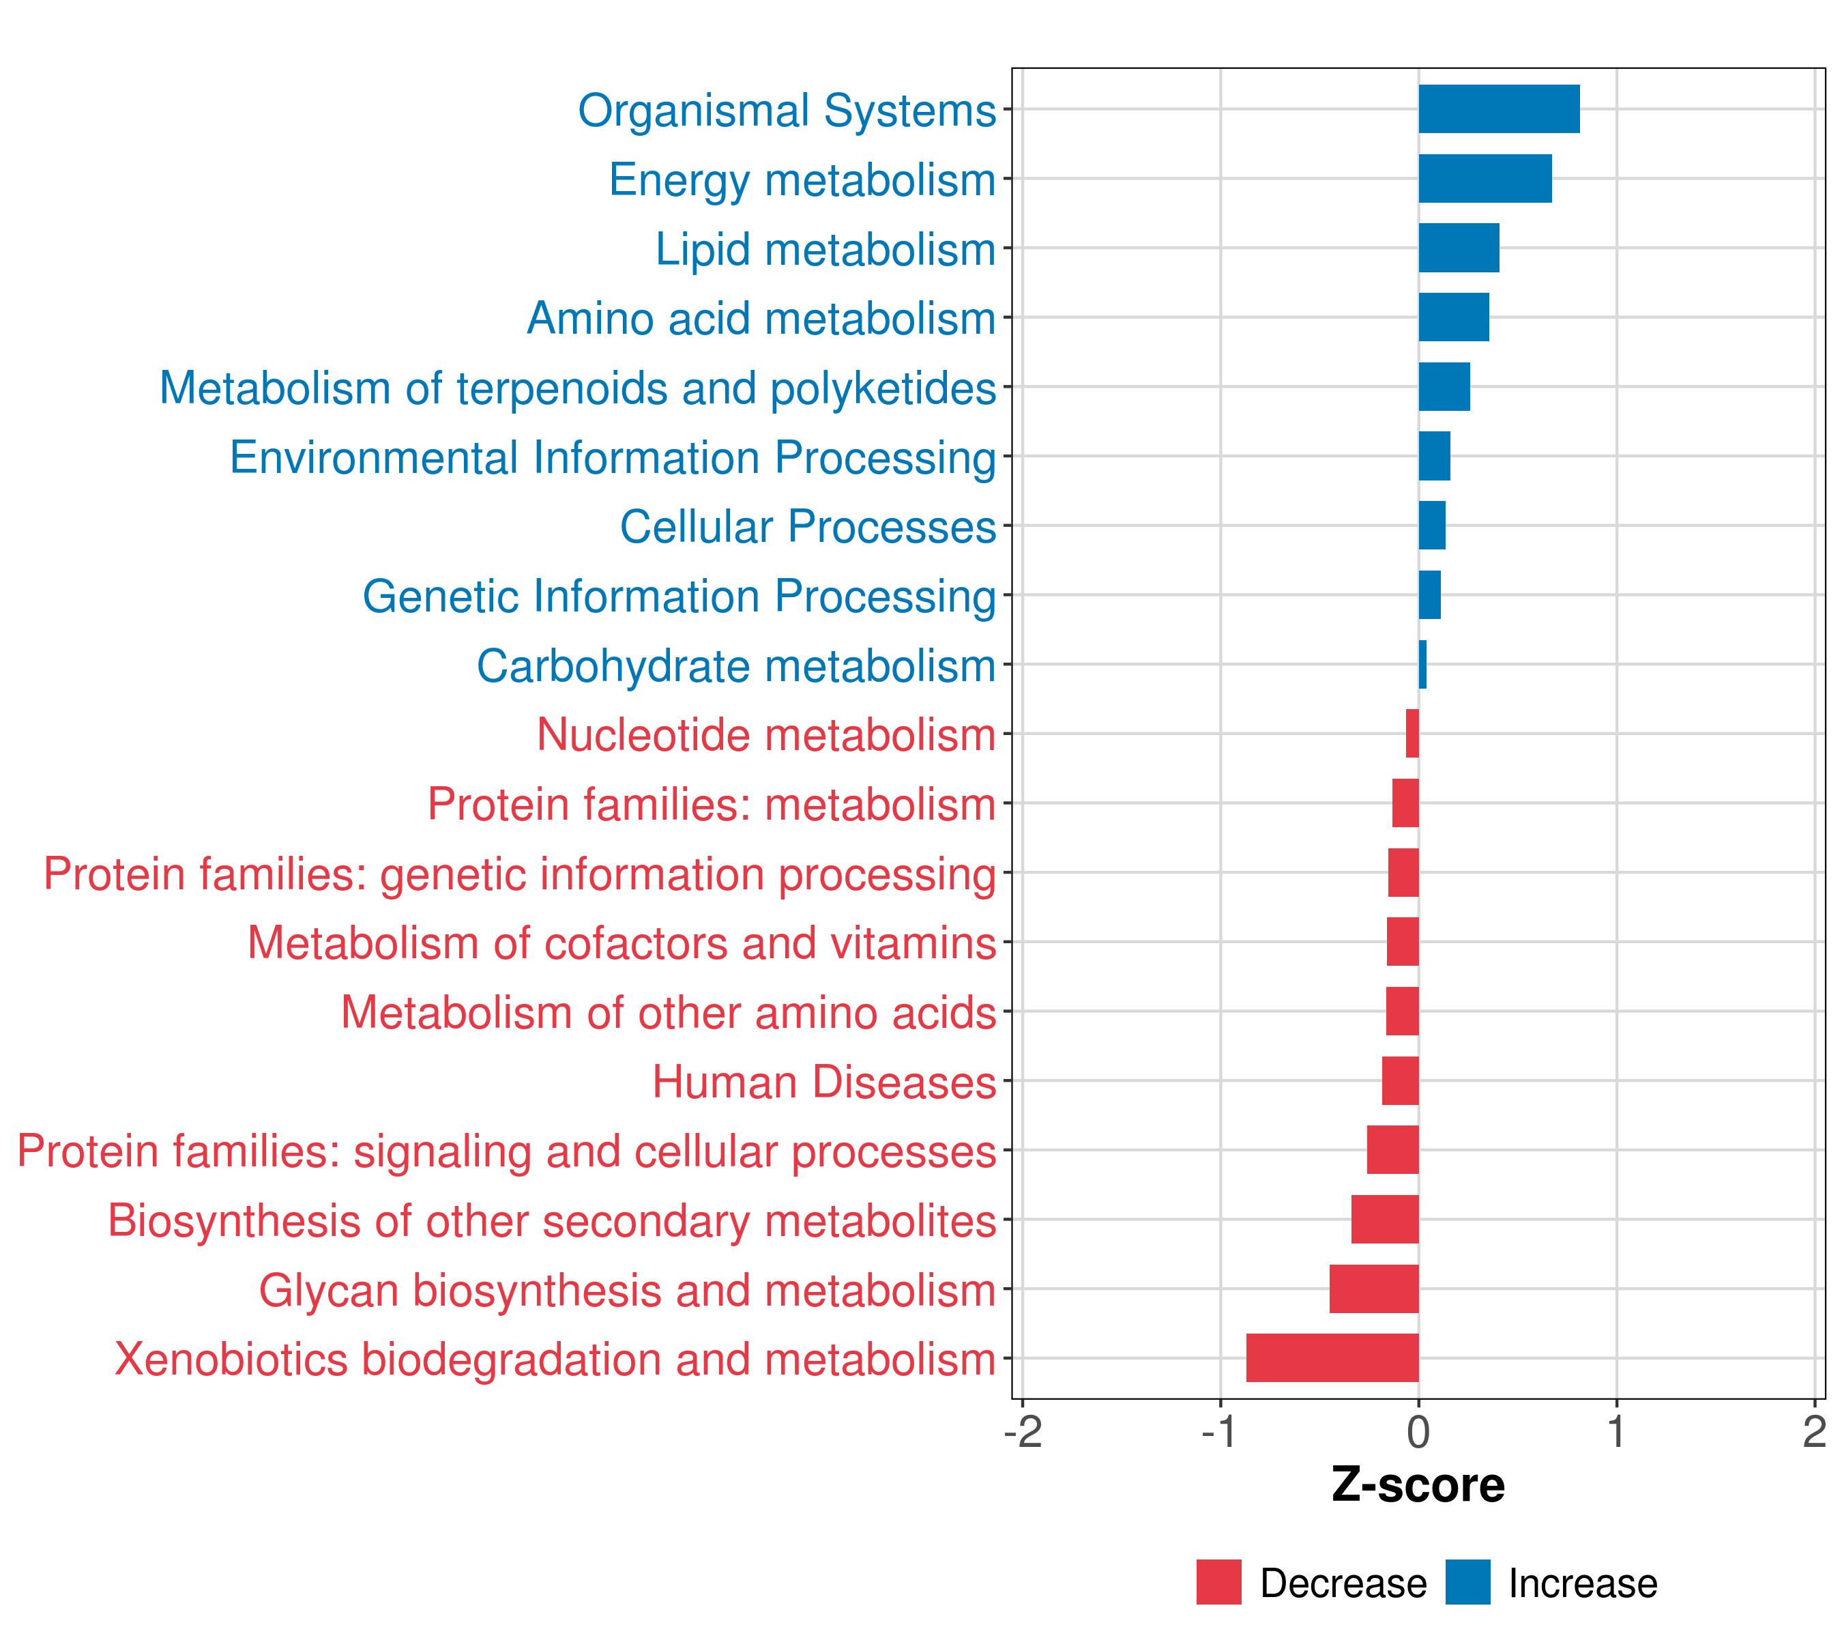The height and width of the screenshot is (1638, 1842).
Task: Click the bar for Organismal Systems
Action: pos(1499,109)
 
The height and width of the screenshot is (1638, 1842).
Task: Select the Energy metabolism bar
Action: pos(1485,179)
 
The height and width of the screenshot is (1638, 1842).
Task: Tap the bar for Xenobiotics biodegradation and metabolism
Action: pos(1332,1357)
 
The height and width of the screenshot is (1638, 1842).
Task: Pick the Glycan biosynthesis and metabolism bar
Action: pos(1373,1289)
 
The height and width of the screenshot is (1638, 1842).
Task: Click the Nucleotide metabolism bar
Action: pos(1412,734)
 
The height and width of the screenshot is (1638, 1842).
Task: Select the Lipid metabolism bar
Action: pos(1458,248)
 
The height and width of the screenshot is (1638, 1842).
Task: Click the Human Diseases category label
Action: pos(823,1082)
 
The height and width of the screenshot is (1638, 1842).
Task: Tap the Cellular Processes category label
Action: pos(808,526)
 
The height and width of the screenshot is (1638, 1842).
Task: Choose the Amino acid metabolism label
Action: pos(761,318)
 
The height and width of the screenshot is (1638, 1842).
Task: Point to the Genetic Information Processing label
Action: pos(679,596)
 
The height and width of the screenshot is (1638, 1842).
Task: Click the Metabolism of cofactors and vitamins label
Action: pos(622,943)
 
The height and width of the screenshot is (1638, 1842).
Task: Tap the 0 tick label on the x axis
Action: pos(1418,1433)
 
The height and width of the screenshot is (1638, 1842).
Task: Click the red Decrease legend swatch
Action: pos(1218,1582)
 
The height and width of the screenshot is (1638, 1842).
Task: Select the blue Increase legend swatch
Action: pos(1467,1582)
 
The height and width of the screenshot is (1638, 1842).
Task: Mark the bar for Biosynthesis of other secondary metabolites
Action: pos(1385,1219)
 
